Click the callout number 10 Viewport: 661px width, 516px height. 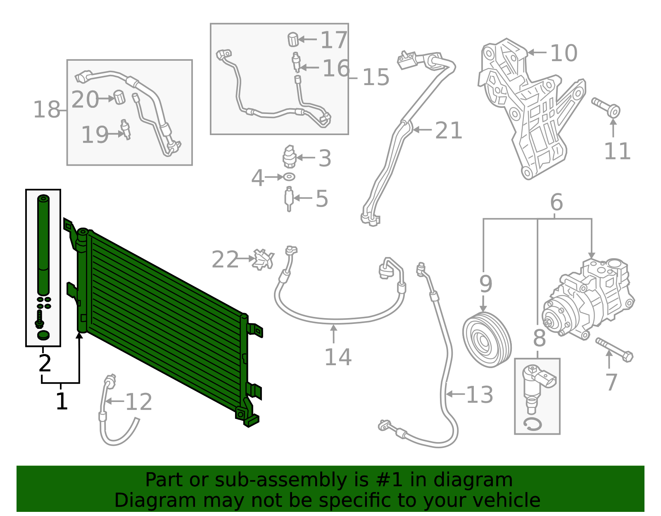click(x=564, y=53)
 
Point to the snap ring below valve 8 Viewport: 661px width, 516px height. click(x=533, y=424)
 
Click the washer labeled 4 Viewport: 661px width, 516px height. click(x=289, y=177)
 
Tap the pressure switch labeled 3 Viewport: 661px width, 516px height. click(x=289, y=157)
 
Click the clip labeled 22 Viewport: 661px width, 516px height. click(x=263, y=259)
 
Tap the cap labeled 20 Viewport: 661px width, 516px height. click(x=119, y=97)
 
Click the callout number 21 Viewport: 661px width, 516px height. click(x=448, y=131)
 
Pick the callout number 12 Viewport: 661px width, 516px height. click(x=138, y=402)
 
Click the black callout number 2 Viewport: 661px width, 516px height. click(x=45, y=363)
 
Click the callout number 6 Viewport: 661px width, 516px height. click(x=556, y=202)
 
